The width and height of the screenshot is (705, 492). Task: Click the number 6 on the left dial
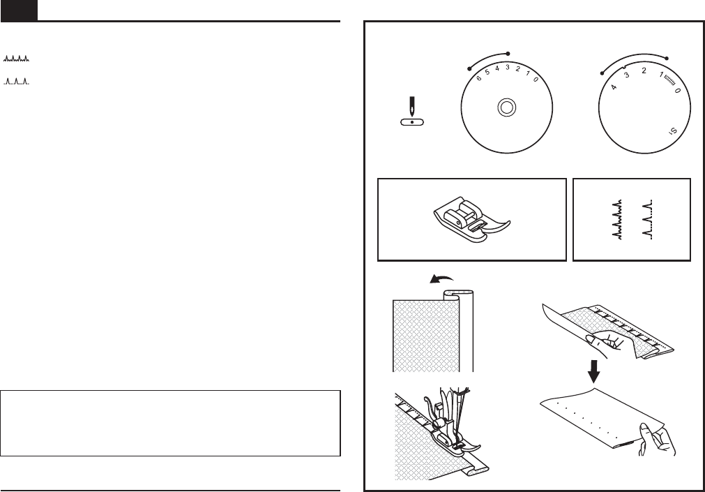478,78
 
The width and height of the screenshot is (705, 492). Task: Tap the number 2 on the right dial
644,71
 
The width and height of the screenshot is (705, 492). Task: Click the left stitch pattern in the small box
616,219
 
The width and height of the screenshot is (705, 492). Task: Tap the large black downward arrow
593,372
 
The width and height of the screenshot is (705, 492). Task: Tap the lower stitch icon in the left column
17,82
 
